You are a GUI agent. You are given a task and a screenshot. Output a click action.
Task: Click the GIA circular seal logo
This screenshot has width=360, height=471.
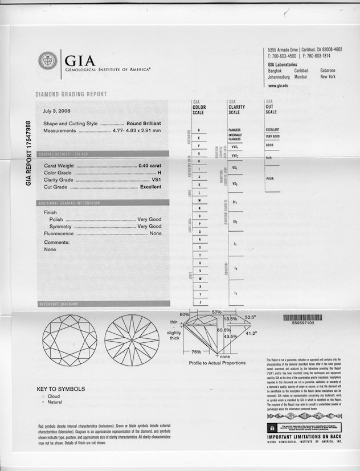[x=47, y=60]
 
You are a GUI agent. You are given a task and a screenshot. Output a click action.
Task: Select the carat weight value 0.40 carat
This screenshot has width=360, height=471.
[x=150, y=165]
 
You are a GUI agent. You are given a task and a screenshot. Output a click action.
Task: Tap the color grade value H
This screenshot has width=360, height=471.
[x=159, y=172]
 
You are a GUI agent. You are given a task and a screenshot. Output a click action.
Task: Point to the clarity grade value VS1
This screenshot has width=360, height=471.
[x=156, y=179]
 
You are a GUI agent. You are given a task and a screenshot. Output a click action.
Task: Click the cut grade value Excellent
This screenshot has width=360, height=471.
[x=150, y=187]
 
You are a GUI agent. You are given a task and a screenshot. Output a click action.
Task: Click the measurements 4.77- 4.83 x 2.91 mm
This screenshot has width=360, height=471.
[x=136, y=130]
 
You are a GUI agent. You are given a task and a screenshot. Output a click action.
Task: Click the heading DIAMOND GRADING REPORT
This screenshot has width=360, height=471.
[x=71, y=95]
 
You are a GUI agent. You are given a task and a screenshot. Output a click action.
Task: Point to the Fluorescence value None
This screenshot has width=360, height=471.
[x=156, y=234]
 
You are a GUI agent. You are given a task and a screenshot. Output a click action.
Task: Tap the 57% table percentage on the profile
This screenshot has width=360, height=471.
[x=216, y=313]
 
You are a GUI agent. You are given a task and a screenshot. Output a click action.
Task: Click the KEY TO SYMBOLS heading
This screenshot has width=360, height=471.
[x=61, y=389]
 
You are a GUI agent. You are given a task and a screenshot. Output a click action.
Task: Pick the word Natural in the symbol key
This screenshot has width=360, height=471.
[x=55, y=402]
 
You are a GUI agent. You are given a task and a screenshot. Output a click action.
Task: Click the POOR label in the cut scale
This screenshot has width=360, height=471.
[x=271, y=179]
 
